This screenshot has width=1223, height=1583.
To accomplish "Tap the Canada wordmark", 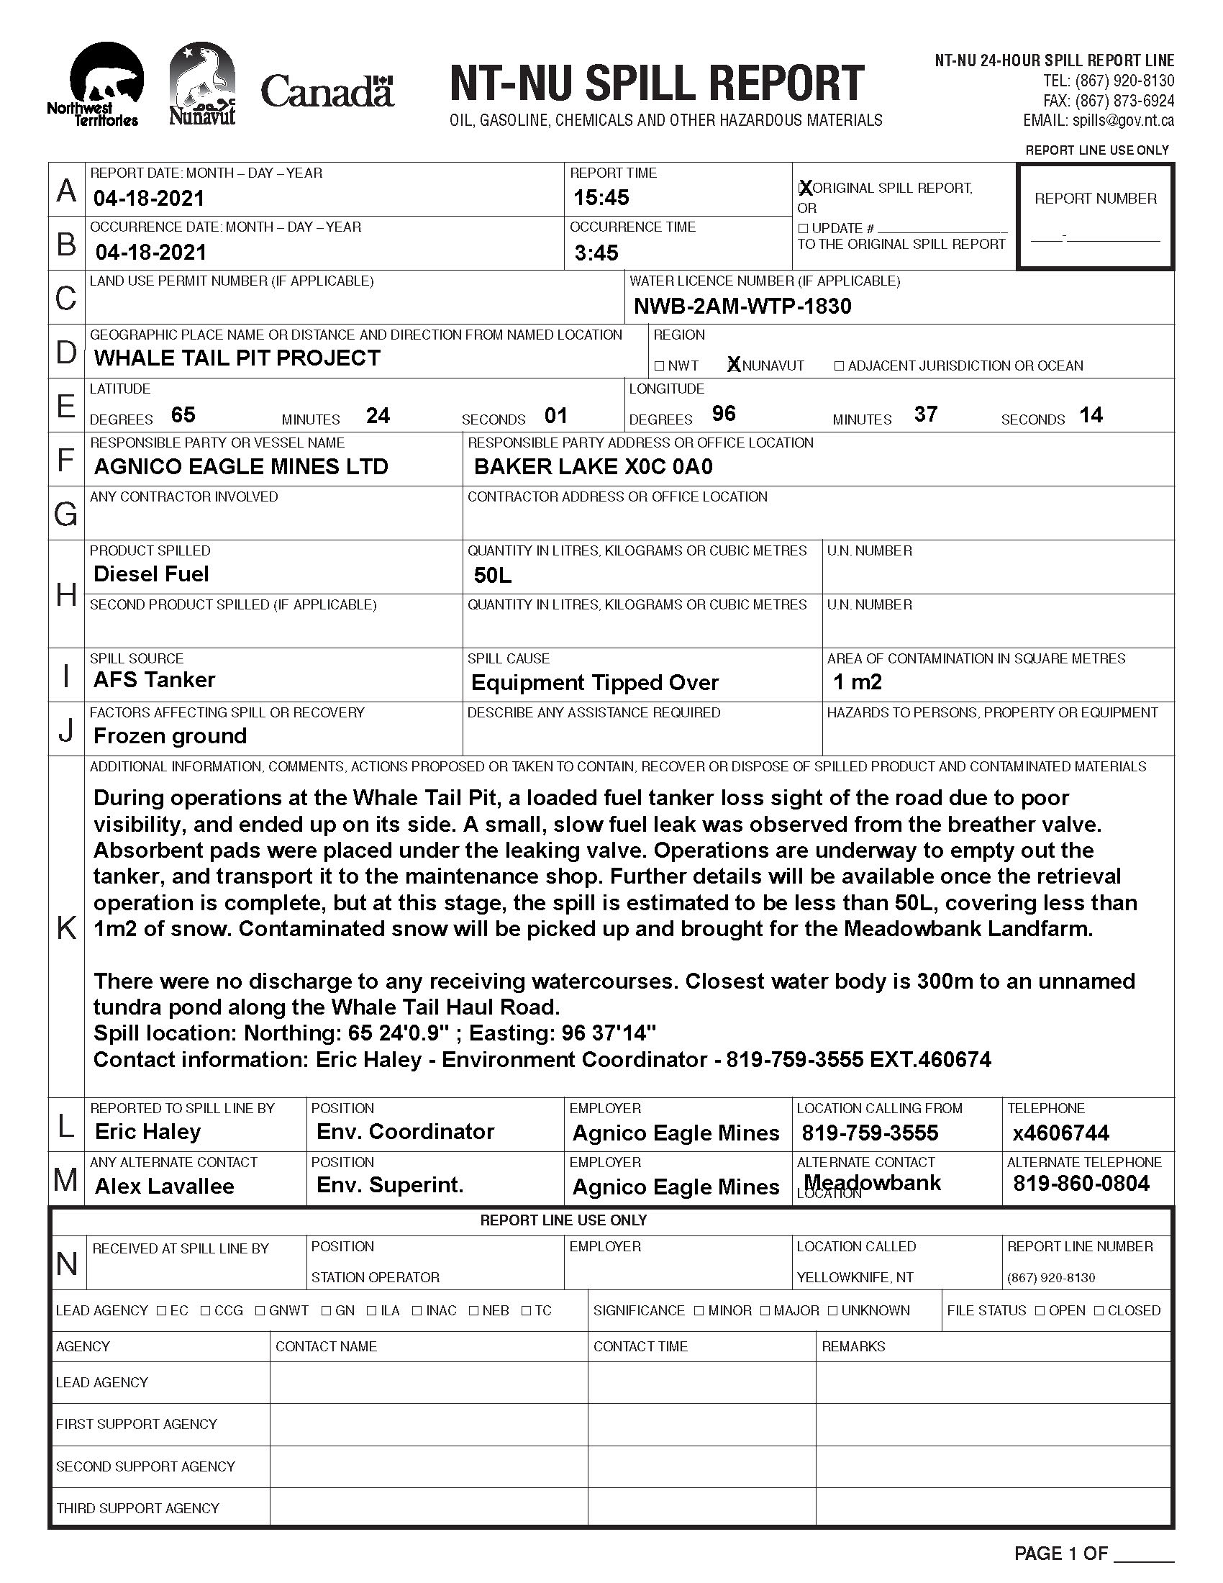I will [x=327, y=92].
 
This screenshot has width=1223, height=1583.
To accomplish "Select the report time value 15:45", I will [x=601, y=197].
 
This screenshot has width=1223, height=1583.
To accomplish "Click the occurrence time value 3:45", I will [x=596, y=253].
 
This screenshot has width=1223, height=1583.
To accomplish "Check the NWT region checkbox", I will [x=659, y=366].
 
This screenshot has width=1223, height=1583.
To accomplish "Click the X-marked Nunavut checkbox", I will [x=734, y=366].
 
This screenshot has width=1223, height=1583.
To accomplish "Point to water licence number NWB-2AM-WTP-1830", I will [x=742, y=306].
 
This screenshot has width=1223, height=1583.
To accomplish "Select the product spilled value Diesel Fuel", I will [x=150, y=574].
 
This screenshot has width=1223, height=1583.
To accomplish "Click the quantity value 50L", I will [x=493, y=576].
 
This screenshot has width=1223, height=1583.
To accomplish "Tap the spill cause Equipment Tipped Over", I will [x=594, y=682].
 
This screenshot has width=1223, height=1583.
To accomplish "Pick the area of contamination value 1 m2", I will [x=857, y=681].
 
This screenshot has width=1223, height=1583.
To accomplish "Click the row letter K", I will [x=66, y=927].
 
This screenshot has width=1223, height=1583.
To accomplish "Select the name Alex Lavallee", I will [x=165, y=1186].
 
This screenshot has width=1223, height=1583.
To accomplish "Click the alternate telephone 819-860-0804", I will [x=1081, y=1184].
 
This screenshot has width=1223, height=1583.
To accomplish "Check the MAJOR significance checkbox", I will [x=766, y=1310].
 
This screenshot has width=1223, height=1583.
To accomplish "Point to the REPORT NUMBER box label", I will [x=1096, y=199].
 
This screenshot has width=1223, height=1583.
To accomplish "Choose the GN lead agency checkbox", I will [x=327, y=1310].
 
